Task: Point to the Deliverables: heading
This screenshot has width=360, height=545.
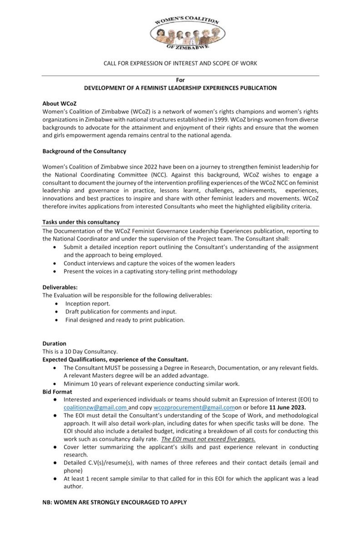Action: [60, 287]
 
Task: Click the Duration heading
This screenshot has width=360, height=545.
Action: [55, 344]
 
